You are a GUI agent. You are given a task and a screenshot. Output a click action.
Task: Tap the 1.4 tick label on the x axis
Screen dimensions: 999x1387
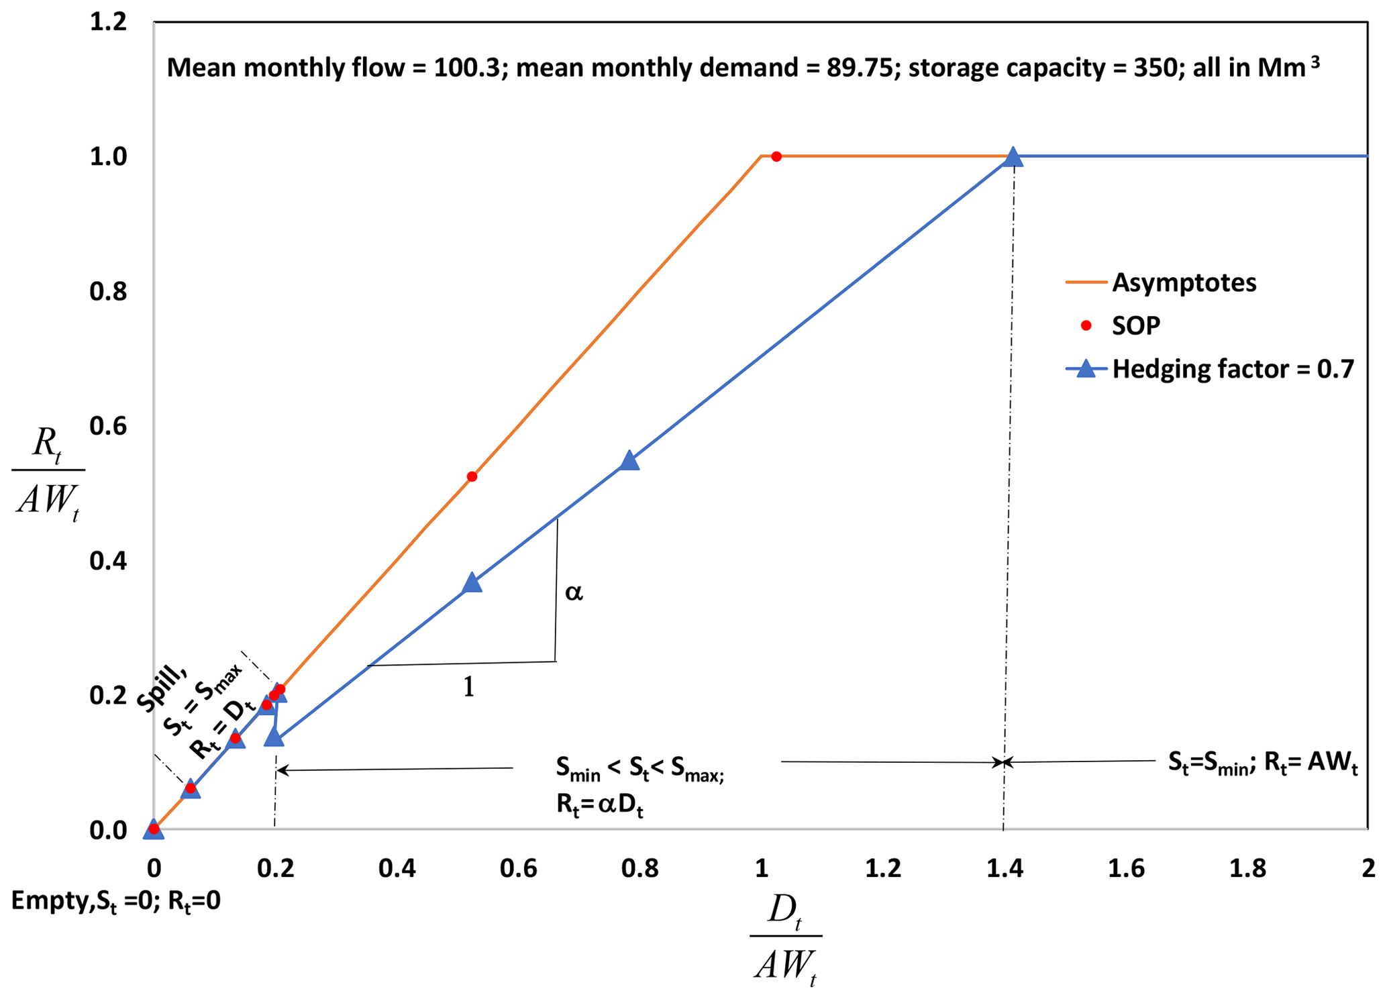tap(1004, 869)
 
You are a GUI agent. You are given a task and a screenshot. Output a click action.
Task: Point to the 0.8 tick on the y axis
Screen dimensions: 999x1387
tap(108, 292)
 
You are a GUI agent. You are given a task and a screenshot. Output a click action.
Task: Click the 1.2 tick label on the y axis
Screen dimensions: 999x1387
tap(108, 22)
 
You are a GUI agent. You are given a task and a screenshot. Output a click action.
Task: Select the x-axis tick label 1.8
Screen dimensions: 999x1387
tap(1247, 869)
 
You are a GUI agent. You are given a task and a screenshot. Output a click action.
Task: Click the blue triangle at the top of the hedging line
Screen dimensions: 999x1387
tap(1013, 157)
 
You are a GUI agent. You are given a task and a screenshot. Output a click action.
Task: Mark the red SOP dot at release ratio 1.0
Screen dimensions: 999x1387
tap(776, 156)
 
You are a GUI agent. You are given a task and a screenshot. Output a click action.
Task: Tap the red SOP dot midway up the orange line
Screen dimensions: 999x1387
tap(472, 476)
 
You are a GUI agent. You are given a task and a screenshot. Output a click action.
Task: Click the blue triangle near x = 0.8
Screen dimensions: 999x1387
tap(629, 460)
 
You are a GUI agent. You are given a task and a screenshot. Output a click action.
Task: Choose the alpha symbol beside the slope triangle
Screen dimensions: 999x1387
tap(574, 592)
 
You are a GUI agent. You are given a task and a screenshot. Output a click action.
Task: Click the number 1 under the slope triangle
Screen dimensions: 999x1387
tap(469, 687)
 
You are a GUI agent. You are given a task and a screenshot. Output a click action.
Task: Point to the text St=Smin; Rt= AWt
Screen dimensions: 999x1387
tap(1262, 763)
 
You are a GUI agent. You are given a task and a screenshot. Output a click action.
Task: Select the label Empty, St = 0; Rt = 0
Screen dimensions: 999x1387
tap(115, 901)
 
